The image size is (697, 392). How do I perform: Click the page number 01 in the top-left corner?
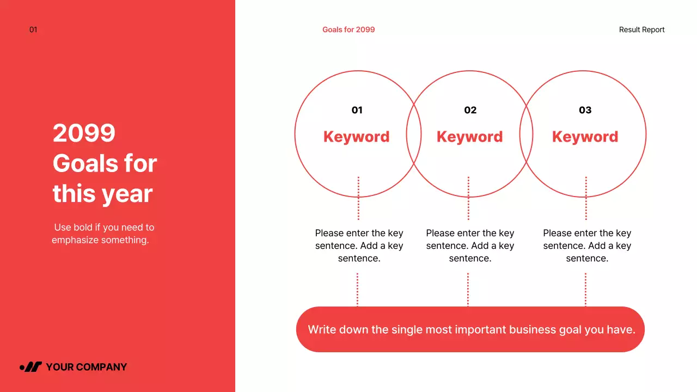(x=33, y=30)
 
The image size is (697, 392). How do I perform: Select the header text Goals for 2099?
(x=348, y=30)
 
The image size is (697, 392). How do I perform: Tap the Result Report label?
(x=641, y=30)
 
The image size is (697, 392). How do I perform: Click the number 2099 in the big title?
(x=84, y=133)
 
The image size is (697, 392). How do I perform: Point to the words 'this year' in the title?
(x=102, y=194)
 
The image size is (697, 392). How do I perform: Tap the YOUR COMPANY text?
(x=86, y=367)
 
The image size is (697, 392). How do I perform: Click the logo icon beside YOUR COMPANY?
(x=31, y=367)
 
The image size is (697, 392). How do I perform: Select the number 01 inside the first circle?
(x=357, y=110)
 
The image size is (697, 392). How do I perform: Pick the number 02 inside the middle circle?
(x=470, y=110)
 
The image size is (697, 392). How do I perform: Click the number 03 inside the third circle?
(x=585, y=110)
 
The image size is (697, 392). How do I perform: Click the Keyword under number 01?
(x=357, y=137)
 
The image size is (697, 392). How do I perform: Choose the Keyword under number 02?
(x=470, y=137)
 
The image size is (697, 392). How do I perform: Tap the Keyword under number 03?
(x=585, y=137)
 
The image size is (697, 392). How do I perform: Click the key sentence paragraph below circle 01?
(x=359, y=246)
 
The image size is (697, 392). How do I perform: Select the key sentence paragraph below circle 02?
(x=470, y=246)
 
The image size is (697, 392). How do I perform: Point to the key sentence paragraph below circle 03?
(x=587, y=246)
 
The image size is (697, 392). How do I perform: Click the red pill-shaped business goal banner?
(x=470, y=329)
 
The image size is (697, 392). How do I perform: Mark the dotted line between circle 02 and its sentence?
(x=468, y=198)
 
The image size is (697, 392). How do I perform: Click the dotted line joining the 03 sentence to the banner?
(x=585, y=290)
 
